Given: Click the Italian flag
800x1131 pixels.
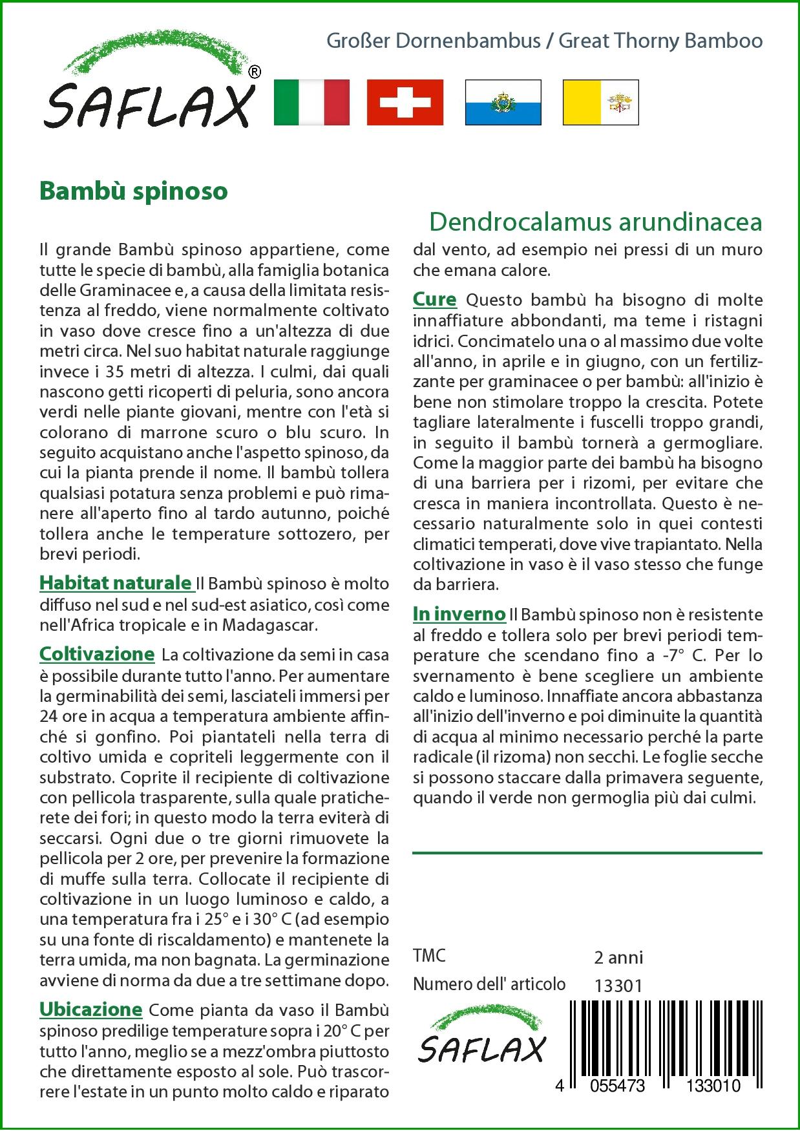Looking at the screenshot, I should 311,102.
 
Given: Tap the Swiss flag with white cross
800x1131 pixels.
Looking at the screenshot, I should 405,102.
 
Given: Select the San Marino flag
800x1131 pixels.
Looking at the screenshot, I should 503,102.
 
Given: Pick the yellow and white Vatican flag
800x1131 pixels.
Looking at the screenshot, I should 600,102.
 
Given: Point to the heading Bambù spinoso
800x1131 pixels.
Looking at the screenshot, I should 134,191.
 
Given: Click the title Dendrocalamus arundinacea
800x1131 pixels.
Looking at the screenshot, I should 595,222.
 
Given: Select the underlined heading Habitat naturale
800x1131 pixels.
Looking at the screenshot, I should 116,583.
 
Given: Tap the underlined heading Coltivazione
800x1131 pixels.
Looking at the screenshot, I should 97,654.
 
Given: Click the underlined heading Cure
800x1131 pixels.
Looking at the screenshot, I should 434,299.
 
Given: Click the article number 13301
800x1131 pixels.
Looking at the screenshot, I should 618,986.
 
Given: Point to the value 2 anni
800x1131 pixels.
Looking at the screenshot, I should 618,957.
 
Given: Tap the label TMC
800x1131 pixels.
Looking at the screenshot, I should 429,956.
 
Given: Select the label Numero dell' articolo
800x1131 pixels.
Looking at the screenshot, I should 489,984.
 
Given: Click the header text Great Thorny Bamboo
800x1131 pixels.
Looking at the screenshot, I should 660,41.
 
